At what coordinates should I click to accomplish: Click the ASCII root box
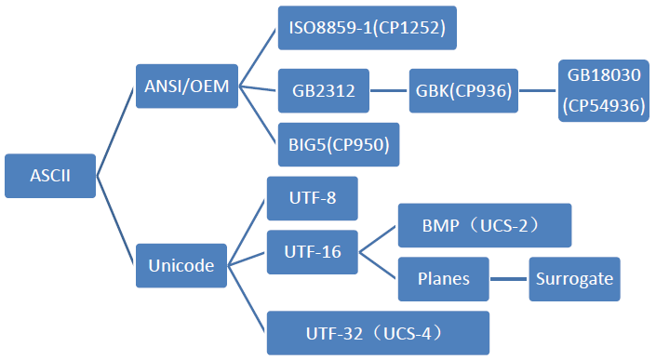(x=50, y=176)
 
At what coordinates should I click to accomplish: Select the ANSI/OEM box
(x=187, y=86)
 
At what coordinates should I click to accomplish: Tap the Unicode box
(x=181, y=266)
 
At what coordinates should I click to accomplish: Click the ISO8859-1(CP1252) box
(x=367, y=28)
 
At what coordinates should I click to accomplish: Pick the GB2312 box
(x=324, y=91)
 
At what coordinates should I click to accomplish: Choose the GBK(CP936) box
(x=463, y=91)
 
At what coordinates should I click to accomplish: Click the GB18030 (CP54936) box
(x=602, y=89)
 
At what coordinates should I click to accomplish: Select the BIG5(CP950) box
(x=339, y=144)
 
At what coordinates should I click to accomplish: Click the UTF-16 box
(x=313, y=251)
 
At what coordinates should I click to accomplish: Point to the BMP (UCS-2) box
(x=484, y=226)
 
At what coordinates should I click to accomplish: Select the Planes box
(x=444, y=278)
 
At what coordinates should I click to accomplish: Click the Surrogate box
(x=573, y=278)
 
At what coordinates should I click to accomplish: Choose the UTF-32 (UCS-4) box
(x=378, y=332)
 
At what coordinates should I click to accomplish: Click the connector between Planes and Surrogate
(x=509, y=278)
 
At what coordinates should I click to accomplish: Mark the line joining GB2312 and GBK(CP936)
(x=389, y=91)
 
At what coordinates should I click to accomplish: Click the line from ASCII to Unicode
(x=116, y=220)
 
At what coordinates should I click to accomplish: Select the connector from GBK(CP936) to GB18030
(x=538, y=91)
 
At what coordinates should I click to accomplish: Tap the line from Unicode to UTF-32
(x=248, y=300)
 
